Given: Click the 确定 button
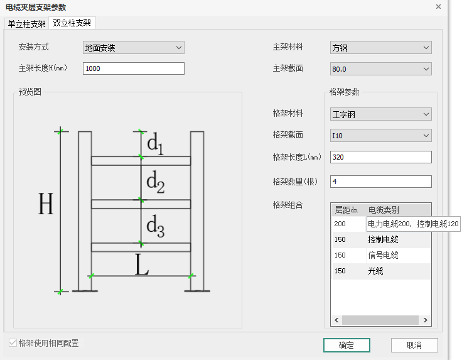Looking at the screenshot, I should (346, 345).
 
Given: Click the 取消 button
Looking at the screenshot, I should (414, 345).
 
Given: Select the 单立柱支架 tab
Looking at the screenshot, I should (26, 24).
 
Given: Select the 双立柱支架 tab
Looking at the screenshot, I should (72, 23).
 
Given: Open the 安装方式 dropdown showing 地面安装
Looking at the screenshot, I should (133, 48).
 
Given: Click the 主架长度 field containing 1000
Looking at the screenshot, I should (133, 68).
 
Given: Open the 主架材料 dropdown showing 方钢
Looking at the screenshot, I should (380, 48).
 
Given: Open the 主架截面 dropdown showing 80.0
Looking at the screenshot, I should (380, 68).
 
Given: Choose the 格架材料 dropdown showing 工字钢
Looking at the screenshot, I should (380, 114).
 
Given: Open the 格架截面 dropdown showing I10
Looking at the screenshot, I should (380, 135).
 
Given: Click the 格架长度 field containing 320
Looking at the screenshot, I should (380, 156).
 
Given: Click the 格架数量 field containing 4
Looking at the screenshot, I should (380, 182).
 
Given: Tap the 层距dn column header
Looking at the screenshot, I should (346, 210).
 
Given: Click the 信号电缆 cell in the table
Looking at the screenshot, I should (383, 255).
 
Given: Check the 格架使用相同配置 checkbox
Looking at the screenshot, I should (13, 343).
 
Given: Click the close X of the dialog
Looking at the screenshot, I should (438, 6).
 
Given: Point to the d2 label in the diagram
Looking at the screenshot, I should (155, 183).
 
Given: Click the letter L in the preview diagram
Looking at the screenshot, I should (142, 266).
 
